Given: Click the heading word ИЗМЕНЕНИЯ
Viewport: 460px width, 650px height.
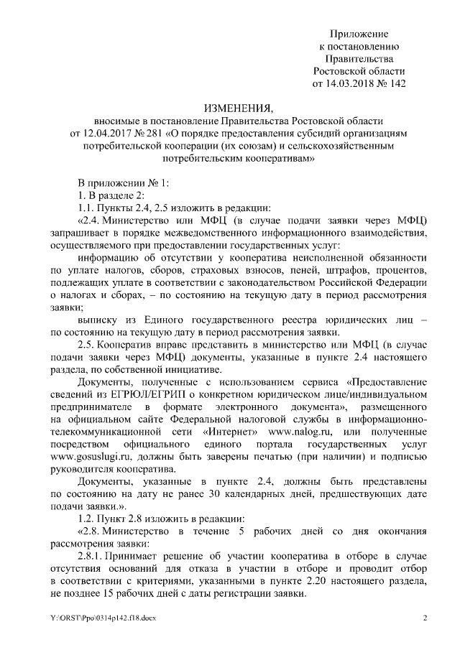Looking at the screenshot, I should click(238, 107).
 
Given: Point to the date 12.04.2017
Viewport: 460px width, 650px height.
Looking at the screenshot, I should click(98, 133).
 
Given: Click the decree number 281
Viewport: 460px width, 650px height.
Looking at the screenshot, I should click(153, 133).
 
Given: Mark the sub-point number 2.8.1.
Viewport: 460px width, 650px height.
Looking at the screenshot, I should click(91, 557).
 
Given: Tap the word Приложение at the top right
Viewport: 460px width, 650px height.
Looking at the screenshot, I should click(359, 34).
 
